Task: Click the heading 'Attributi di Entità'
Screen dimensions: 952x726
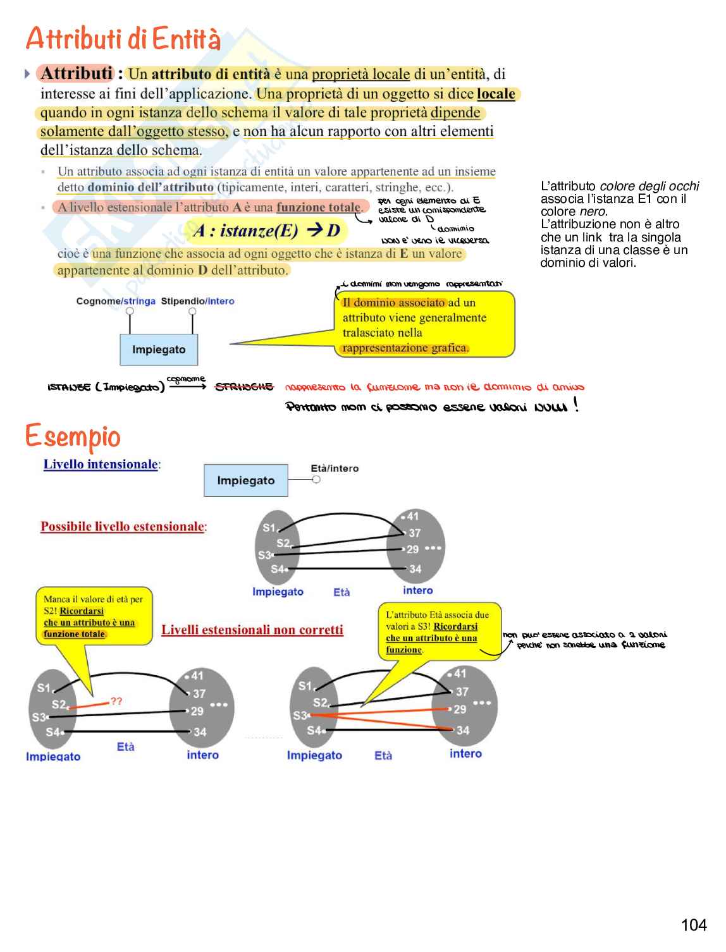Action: tap(123, 39)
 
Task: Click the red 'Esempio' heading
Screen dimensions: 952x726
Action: tap(73, 436)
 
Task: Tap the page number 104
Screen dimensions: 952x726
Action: tap(693, 925)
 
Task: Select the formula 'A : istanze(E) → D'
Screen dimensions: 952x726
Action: tap(266, 231)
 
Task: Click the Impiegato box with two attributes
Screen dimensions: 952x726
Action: tap(159, 350)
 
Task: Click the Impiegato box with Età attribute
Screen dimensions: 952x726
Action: tap(245, 480)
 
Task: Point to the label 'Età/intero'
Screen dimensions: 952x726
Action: tap(335, 468)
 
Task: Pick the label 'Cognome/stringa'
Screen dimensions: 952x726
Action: tap(116, 301)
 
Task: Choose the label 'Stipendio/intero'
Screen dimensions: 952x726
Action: tap(197, 301)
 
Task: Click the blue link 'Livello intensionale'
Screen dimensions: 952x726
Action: tap(101, 464)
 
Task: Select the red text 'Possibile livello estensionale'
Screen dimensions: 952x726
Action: tap(123, 527)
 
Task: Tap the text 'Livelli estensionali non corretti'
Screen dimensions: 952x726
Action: tap(252, 630)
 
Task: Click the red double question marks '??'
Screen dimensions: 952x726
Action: tap(116, 701)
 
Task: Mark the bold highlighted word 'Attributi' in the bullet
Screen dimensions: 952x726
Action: tap(77, 74)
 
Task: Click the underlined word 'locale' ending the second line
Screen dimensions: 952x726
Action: tap(496, 94)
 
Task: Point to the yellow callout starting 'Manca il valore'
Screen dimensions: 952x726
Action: tap(93, 616)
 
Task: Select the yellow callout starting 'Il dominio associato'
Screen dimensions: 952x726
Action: tap(424, 324)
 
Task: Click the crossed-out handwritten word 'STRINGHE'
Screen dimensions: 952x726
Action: tap(244, 387)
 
